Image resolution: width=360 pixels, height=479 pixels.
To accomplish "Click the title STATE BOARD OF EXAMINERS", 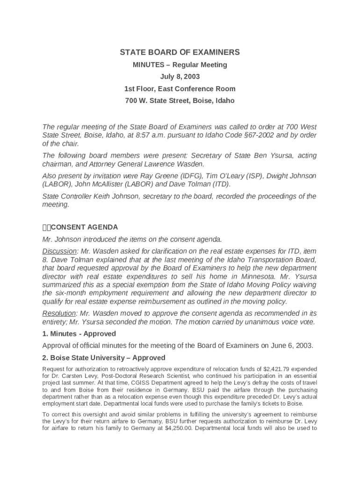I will click(180, 52).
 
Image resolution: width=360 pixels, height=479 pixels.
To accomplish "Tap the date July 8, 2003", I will click(180, 76).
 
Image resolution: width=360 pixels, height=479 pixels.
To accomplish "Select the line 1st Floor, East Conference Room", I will click(180, 88).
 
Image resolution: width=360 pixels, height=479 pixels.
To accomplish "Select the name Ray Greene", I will click(157, 176).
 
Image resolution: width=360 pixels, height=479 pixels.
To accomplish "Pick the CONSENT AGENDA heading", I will click(84, 227).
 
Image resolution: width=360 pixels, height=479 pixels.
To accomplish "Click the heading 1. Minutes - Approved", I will click(79, 334).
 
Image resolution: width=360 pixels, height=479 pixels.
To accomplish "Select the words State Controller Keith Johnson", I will click(90, 196).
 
